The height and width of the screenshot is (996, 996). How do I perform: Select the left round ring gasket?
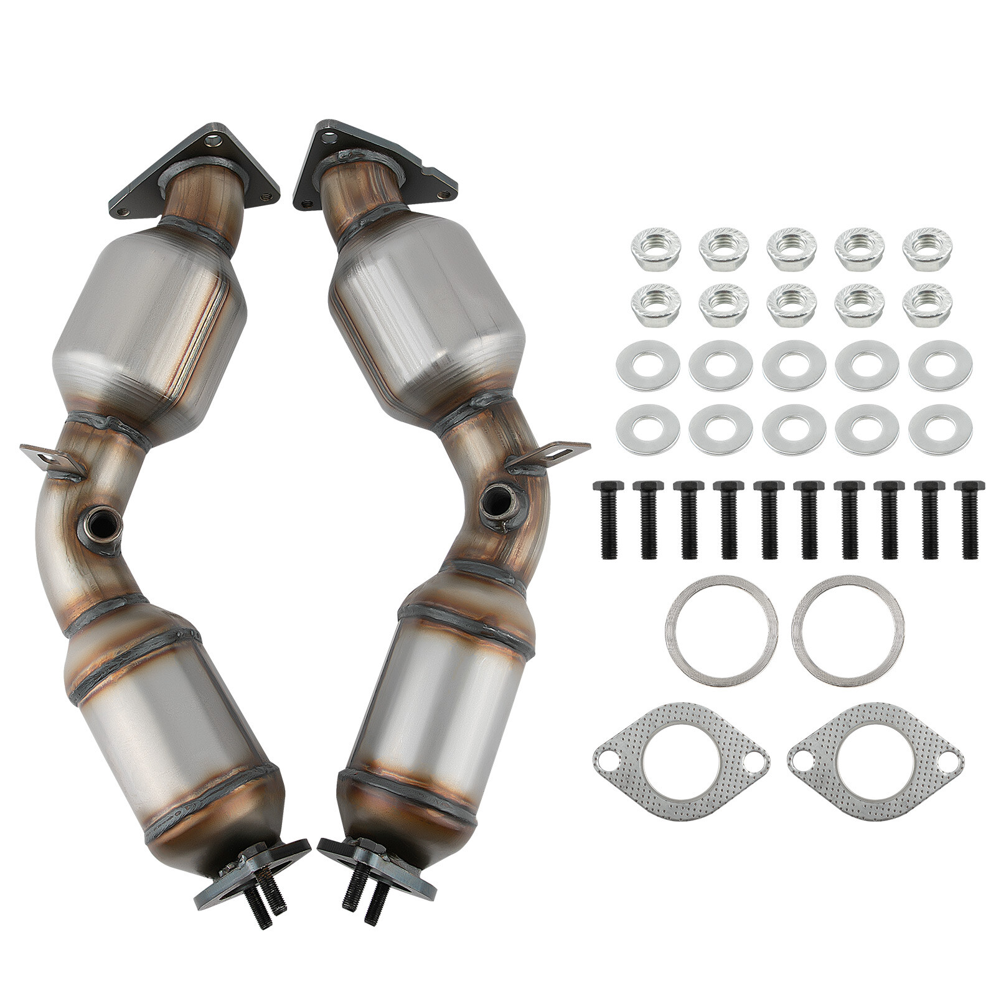tap(721, 630)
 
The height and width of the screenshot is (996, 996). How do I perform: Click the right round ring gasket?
tap(847, 630)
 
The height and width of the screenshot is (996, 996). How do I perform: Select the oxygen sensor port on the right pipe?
tap(500, 499)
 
